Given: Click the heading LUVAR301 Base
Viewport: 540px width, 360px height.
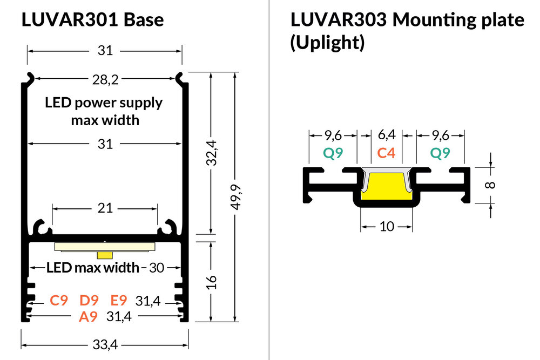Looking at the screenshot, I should (x=92, y=20).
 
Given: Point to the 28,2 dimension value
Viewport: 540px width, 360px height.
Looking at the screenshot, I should (x=105, y=80).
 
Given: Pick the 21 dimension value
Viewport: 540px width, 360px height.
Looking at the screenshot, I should (x=105, y=208).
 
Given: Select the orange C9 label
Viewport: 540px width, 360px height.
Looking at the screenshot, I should (x=59, y=301).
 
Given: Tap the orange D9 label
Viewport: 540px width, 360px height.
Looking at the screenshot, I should (x=89, y=301).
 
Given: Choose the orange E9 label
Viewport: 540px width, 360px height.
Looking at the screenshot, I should (x=119, y=301).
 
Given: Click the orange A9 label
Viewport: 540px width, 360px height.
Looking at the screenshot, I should (x=88, y=317).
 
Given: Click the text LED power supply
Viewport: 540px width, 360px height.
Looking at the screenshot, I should (x=104, y=103).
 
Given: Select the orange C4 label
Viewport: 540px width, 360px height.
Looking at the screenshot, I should (x=386, y=153).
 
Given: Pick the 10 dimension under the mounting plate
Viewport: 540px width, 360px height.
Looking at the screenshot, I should (x=387, y=227).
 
